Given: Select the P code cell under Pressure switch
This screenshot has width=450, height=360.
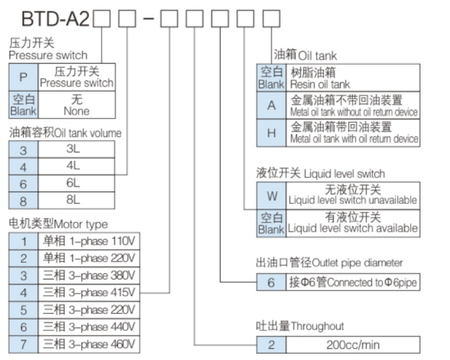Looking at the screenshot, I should [x=22, y=77].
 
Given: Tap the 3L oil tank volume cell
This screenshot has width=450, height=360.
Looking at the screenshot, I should [x=72, y=149].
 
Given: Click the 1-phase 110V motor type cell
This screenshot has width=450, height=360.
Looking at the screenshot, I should [x=90, y=241].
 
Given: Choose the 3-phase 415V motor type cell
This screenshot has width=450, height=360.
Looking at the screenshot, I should [x=90, y=292].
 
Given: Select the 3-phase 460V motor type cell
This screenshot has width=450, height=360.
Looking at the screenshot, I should [x=90, y=344].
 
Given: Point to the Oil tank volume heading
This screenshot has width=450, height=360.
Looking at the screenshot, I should [x=65, y=133].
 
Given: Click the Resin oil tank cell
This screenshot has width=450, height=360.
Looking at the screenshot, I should [x=352, y=78].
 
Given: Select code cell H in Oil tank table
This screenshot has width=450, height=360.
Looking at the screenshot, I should [x=272, y=133].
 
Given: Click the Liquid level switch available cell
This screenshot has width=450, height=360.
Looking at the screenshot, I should [x=352, y=223].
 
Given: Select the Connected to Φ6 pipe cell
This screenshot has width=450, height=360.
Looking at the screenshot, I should [x=352, y=282].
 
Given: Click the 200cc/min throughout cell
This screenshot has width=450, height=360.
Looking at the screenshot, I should [x=352, y=345].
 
